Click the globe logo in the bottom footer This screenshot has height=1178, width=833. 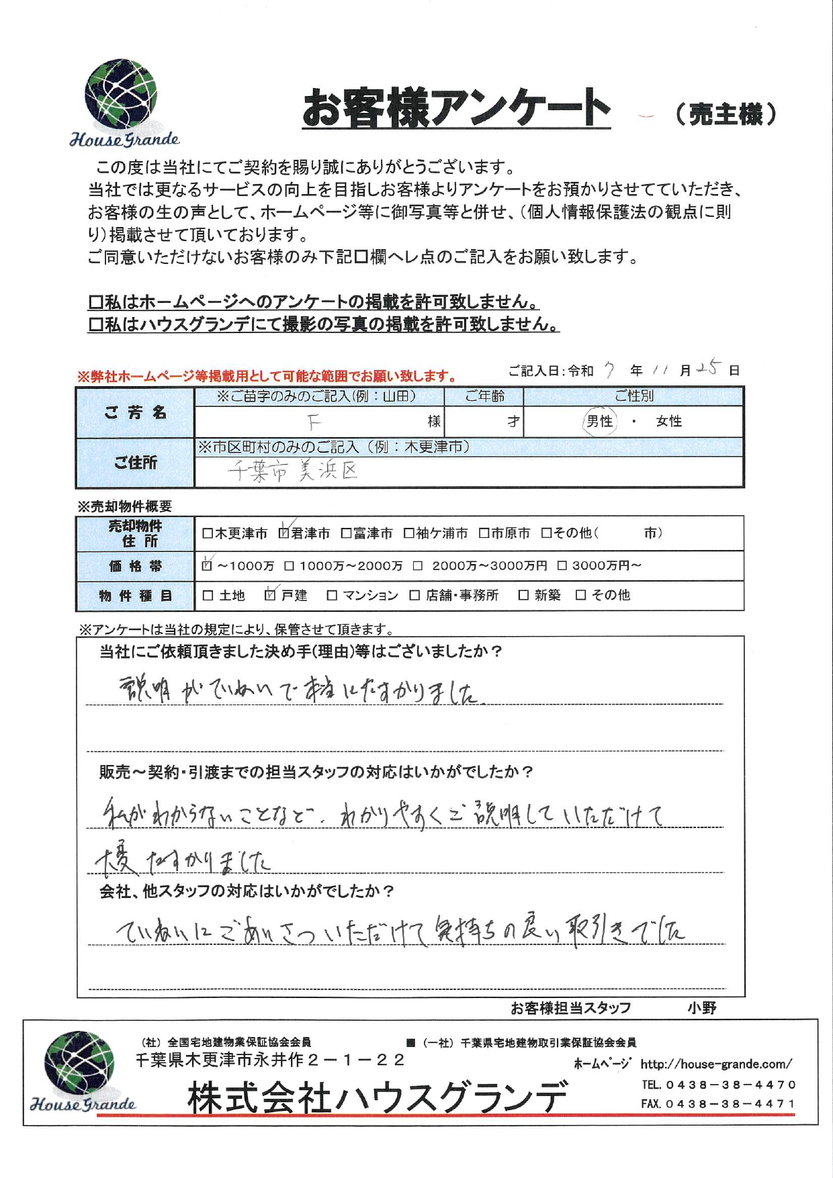(79, 1063)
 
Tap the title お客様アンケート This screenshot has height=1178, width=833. (456, 109)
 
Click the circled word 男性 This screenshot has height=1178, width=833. (599, 422)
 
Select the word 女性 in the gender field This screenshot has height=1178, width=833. (669, 422)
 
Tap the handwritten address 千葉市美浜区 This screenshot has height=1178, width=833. (293, 471)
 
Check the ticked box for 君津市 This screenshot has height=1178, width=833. (283, 533)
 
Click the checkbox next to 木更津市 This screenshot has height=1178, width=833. (208, 534)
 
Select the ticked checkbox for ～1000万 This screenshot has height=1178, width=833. (207, 565)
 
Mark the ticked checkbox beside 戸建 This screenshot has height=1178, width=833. (271, 595)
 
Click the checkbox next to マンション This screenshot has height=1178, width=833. (332, 596)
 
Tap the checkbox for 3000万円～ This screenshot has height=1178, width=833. (562, 566)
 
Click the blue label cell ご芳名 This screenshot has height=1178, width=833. (135, 412)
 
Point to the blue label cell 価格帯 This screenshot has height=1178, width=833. (135, 566)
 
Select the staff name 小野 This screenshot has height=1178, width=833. (701, 1008)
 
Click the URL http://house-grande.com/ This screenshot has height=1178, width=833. (715, 1064)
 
